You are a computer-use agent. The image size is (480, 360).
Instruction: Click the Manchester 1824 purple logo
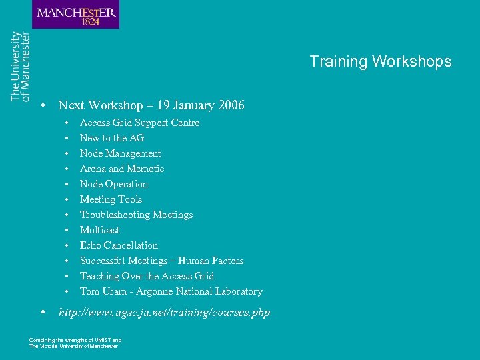[75, 14]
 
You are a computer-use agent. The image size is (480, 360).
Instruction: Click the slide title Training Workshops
[380, 62]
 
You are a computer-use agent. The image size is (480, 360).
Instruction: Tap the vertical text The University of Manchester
[20, 67]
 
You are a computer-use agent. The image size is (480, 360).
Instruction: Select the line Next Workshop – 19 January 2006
[151, 105]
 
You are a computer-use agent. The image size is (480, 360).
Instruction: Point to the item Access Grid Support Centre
[139, 123]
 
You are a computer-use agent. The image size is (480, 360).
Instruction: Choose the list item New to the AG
[111, 138]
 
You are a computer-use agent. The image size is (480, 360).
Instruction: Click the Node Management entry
[120, 153]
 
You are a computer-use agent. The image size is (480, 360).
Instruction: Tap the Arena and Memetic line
[121, 169]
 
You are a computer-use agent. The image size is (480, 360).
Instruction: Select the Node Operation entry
[113, 184]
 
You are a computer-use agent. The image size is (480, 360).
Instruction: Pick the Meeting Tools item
[111, 199]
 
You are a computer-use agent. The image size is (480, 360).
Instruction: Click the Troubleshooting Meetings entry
[136, 215]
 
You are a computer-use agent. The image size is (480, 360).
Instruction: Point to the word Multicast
[99, 230]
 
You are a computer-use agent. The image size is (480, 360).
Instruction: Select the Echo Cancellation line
[119, 245]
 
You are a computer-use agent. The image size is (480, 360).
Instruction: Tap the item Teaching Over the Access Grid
[147, 276]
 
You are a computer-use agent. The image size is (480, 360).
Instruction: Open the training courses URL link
[164, 312]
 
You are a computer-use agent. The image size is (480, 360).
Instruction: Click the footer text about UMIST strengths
[75, 343]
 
